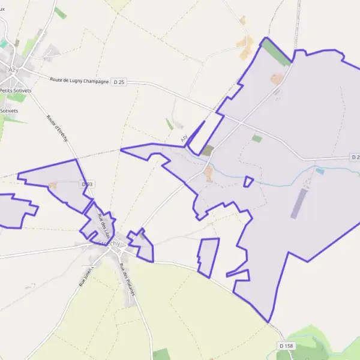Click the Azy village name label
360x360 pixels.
13,70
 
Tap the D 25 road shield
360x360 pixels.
119,82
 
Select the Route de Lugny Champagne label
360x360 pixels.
79,80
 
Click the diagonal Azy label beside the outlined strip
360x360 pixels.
184,139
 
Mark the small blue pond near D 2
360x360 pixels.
320,171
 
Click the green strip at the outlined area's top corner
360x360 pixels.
275,53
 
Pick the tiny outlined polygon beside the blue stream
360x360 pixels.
248,181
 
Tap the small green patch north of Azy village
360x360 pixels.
60,13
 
